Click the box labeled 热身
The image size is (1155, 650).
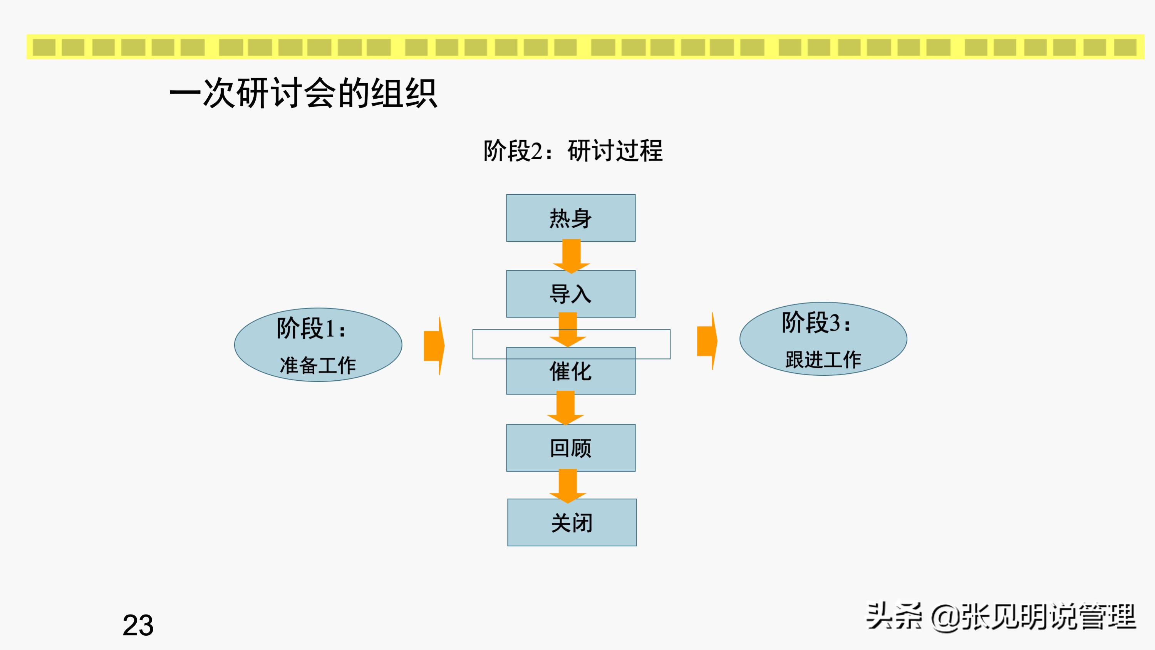[x=570, y=218]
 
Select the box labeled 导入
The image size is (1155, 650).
[x=570, y=294]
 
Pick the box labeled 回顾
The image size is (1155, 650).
[x=570, y=448]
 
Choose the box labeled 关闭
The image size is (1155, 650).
[x=572, y=522]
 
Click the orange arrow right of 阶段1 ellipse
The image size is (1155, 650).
[x=434, y=346]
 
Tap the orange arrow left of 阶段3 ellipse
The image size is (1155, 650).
[x=707, y=341]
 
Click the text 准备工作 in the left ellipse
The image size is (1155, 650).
[x=317, y=365]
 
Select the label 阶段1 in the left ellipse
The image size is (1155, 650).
[x=311, y=329]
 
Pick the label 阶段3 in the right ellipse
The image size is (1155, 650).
[x=816, y=323]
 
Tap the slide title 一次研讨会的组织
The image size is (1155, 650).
[x=303, y=93]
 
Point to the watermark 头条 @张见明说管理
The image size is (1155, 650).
[x=1001, y=617]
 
